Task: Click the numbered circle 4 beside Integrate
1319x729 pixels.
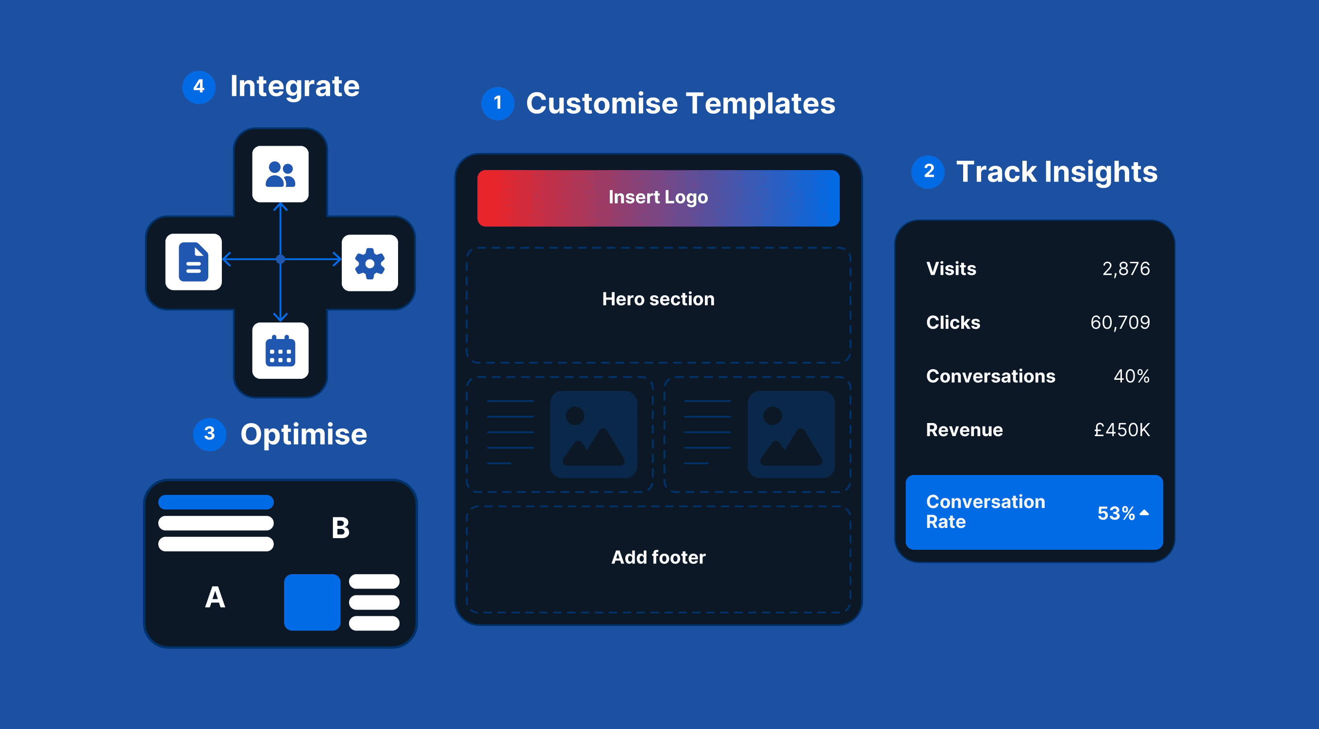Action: [199, 86]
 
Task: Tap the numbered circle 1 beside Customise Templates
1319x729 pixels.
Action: [497, 103]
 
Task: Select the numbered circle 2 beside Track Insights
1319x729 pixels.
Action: [928, 171]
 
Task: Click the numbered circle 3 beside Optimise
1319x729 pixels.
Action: [209, 434]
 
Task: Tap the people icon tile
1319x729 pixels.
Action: [280, 174]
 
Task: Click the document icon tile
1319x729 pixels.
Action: [194, 262]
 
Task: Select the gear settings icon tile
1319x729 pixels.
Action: [370, 263]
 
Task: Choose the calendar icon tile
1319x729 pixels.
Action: [280, 351]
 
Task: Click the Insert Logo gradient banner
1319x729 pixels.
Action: [658, 198]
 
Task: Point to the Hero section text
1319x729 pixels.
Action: [658, 299]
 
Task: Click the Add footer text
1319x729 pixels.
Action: [658, 558]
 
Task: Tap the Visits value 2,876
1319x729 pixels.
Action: [1125, 269]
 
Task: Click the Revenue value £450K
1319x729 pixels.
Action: [1121, 430]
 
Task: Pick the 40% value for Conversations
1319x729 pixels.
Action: [1131, 376]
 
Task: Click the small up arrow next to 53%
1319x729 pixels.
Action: [1144, 512]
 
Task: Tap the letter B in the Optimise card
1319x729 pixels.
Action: [340, 528]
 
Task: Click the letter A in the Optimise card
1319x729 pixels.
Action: [215, 597]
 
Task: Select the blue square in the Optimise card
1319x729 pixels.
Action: [312, 602]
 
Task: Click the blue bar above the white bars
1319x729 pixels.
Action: [216, 502]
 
